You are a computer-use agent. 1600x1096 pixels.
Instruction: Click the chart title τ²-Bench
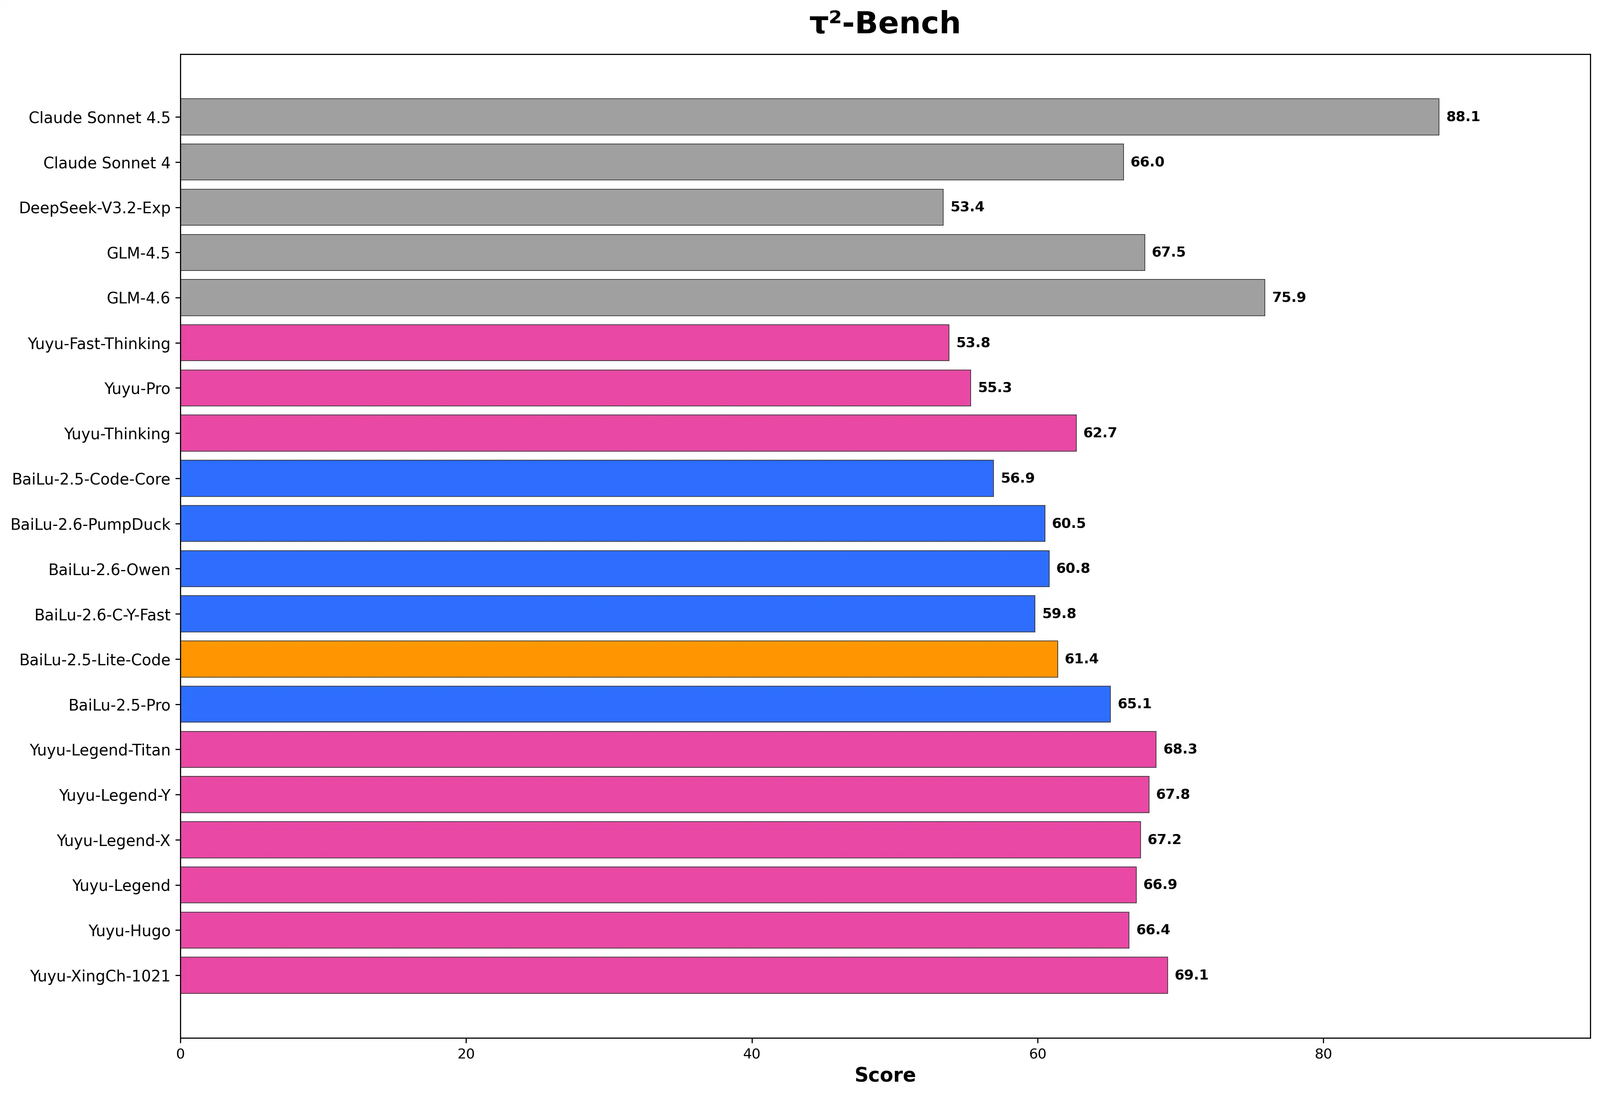click(884, 23)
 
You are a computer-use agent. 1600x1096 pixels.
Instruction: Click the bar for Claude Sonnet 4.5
click(809, 117)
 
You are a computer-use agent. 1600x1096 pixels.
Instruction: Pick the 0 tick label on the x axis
click(180, 1054)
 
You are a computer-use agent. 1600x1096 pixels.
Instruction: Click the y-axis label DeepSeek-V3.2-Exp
click(94, 208)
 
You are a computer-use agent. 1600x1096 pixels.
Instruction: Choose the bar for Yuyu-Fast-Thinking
click(565, 343)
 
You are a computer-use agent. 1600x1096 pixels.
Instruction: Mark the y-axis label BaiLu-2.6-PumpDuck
click(90, 525)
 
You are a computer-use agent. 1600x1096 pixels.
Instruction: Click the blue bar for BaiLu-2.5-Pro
click(645, 704)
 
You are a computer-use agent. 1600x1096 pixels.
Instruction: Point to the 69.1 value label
click(1191, 975)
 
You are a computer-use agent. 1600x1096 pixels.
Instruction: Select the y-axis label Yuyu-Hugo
click(129, 931)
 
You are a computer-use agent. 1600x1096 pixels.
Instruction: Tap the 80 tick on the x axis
click(1322, 1054)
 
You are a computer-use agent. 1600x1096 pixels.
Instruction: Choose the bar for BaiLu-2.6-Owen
click(614, 569)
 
